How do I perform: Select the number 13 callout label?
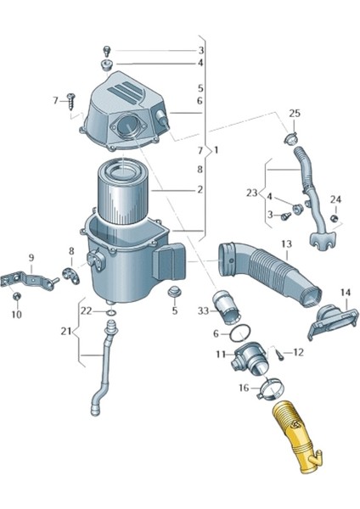[287, 243]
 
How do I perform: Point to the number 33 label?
[203, 311]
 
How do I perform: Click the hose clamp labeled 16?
[272, 390]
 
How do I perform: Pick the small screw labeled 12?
[280, 354]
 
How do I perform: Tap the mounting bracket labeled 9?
[29, 281]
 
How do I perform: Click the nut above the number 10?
[17, 296]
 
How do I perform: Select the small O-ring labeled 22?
[111, 312]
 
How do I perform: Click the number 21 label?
[66, 332]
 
